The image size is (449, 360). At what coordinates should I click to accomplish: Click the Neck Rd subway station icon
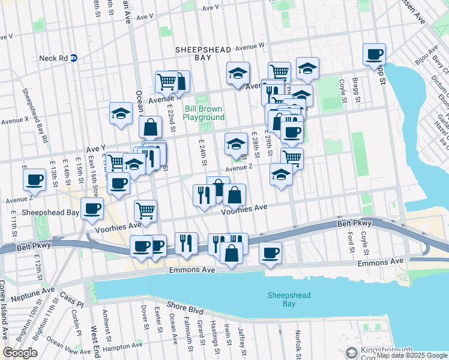pyautogui.click(x=74, y=58)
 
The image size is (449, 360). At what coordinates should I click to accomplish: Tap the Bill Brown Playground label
pyautogui.click(x=203, y=113)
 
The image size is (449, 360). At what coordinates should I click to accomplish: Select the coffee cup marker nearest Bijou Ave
pyautogui.click(x=374, y=55)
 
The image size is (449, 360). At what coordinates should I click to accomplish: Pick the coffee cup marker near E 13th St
pyautogui.click(x=34, y=179)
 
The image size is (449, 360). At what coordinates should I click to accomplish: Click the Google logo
pyautogui.click(x=20, y=353)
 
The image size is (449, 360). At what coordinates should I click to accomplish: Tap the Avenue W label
pyautogui.click(x=249, y=46)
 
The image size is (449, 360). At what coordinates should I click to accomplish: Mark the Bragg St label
pyautogui.click(x=356, y=89)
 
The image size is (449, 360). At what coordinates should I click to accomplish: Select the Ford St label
pyautogui.click(x=350, y=242)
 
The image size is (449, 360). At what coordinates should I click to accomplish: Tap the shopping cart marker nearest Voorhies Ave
pyautogui.click(x=145, y=210)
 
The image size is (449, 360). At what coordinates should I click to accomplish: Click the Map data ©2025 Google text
pyautogui.click(x=412, y=355)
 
